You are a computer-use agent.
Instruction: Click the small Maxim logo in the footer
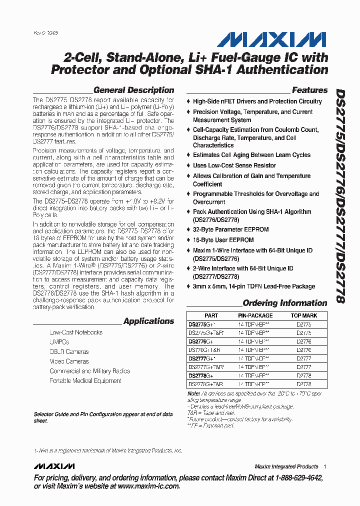coord(54,466)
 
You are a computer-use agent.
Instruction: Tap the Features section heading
coord(309,90)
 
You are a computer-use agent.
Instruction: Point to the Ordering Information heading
coord(284,303)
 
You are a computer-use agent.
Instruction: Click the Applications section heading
coord(148,321)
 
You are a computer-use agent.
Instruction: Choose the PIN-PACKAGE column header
coord(255,316)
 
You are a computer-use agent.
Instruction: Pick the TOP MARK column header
coord(304,316)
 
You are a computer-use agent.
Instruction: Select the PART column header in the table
coord(211,316)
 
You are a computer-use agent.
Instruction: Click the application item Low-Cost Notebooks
coord(76,332)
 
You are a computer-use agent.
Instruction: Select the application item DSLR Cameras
coord(69,352)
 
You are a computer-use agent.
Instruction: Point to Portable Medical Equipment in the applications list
coord(85,381)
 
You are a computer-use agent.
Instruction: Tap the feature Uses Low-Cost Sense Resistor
coord(234,165)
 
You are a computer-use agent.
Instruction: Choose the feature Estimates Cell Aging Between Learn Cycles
coord(251,155)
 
